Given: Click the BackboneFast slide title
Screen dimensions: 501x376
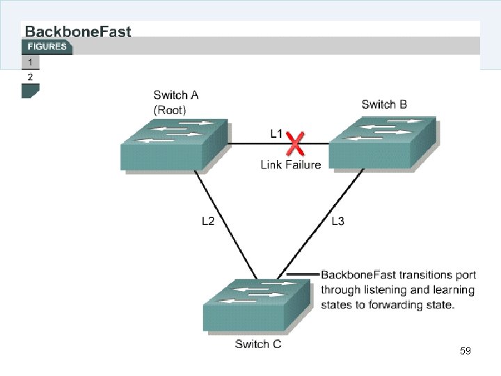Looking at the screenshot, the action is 78,31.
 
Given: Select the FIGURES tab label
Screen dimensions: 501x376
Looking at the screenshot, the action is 47,47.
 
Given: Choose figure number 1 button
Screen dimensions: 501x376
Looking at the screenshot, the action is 30,62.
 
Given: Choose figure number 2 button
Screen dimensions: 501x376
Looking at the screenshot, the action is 30,77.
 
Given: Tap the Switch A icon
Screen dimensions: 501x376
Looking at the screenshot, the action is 174,144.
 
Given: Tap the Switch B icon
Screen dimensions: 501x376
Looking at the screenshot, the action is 382,143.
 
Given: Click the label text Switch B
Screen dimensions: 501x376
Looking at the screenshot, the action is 384,104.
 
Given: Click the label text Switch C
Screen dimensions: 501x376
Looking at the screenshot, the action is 258,344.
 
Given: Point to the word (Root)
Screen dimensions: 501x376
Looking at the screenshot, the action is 170,109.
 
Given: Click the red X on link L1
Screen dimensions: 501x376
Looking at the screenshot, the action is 296,145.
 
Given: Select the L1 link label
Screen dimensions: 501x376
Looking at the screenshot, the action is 277,132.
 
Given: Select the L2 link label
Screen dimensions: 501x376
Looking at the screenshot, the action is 208,221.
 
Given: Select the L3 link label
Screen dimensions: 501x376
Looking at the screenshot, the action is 337,221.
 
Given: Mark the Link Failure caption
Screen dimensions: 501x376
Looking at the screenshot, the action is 291,165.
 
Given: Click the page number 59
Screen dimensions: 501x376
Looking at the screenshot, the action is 466,351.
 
